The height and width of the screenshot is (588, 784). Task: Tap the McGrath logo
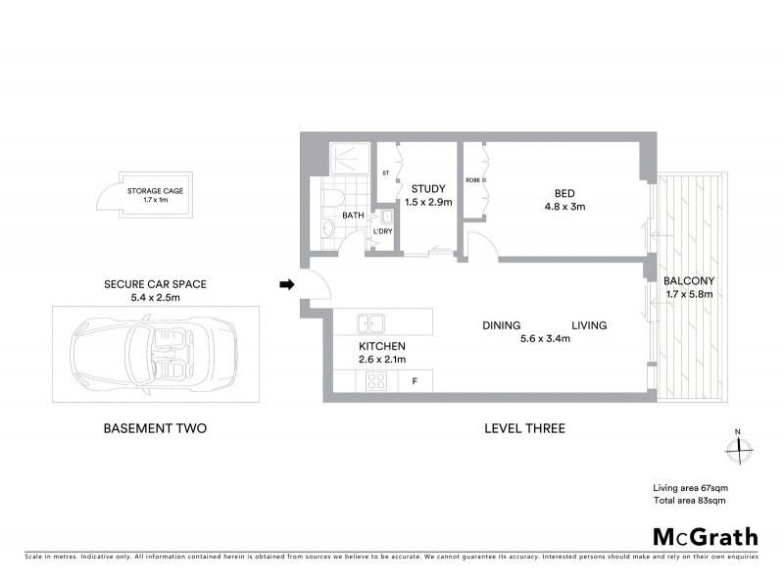click(705, 536)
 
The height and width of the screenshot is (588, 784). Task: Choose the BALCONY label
click(689, 280)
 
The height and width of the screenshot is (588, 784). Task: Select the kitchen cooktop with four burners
click(375, 382)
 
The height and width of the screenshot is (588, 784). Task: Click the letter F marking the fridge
click(416, 381)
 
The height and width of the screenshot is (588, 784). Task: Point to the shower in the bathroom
click(345, 159)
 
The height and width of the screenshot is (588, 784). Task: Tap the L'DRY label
click(383, 231)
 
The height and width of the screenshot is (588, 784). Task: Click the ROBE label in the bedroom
click(471, 180)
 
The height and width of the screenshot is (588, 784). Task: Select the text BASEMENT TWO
click(155, 428)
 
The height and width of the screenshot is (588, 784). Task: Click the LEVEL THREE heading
click(524, 428)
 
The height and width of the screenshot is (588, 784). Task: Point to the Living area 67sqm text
click(690, 488)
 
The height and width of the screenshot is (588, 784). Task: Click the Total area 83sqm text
click(689, 501)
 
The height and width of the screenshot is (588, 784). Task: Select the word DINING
click(501, 325)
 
